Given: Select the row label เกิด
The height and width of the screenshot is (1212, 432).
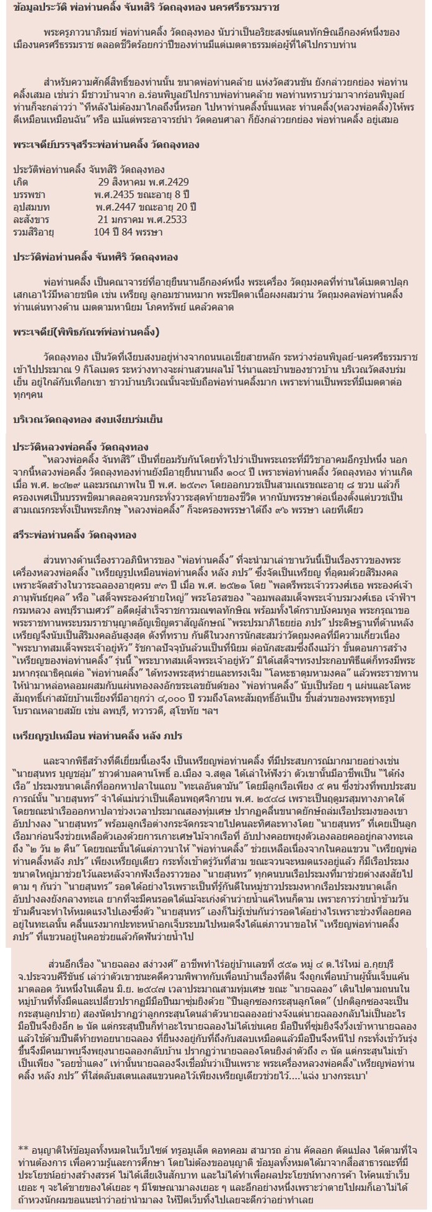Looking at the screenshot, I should coord(20,184).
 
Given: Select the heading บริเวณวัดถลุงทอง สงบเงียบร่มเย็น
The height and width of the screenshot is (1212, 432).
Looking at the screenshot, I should coord(88,419).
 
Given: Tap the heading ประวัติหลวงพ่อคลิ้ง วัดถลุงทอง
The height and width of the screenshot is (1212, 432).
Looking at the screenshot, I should coord(81,447).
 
